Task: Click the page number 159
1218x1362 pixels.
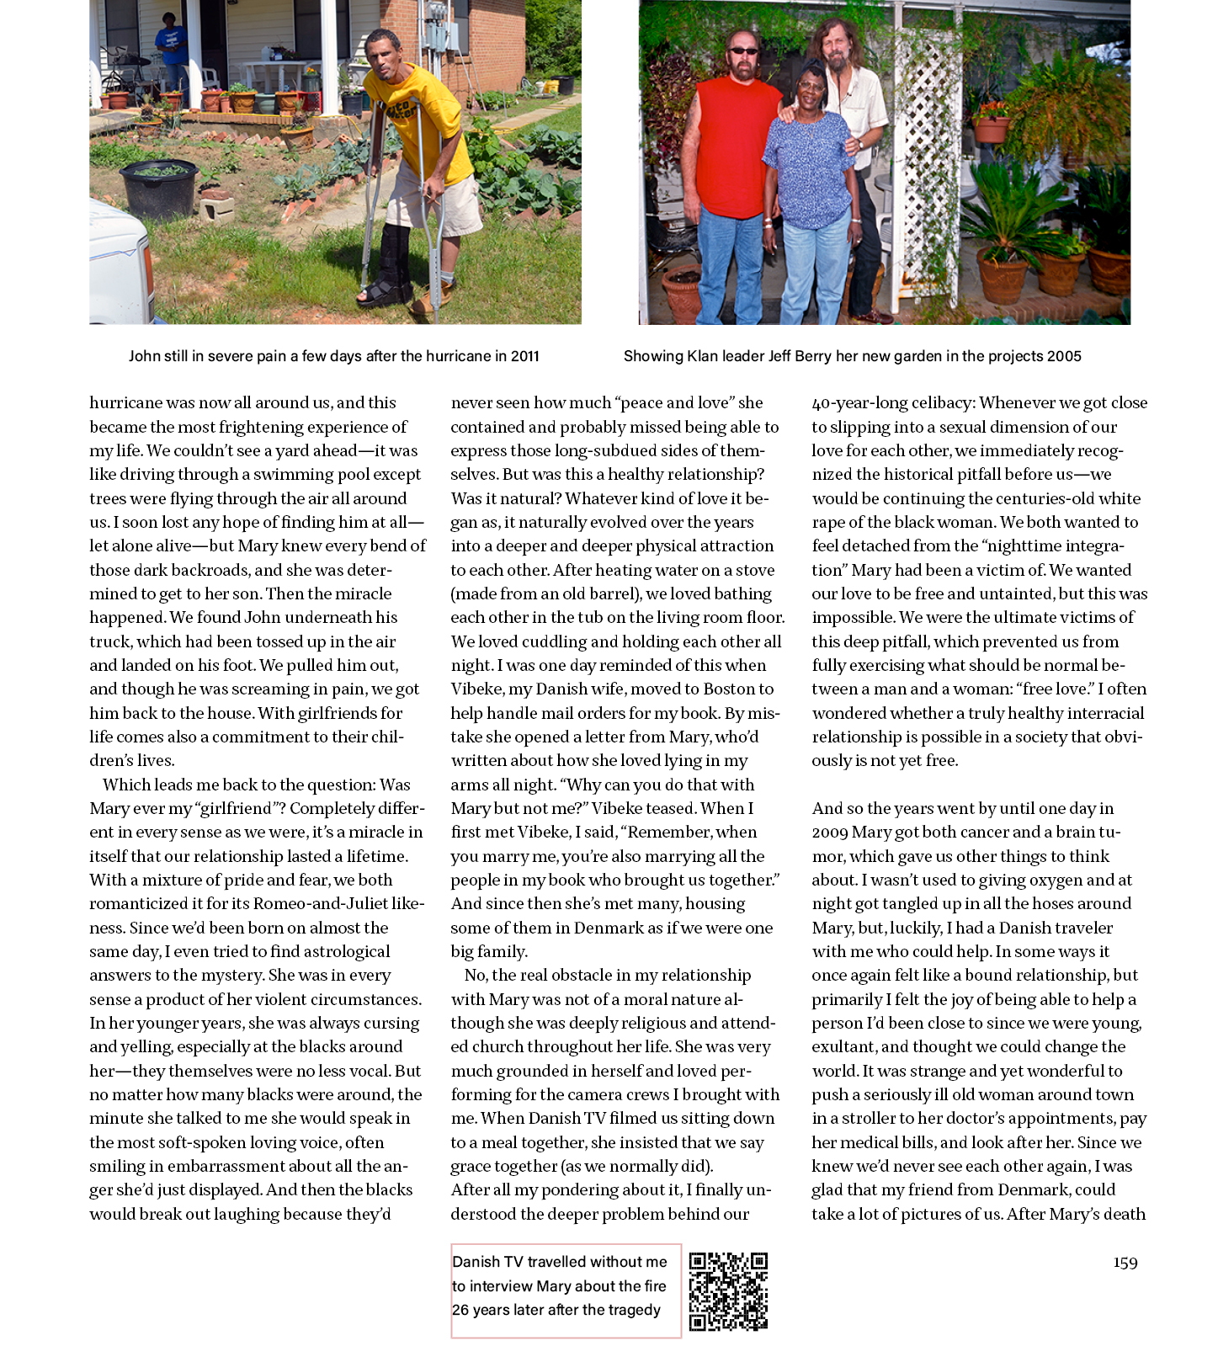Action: click(1125, 1263)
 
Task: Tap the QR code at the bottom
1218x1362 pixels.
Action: click(728, 1291)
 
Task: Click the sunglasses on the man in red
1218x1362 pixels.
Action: click(743, 51)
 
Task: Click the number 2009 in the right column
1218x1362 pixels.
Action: click(830, 833)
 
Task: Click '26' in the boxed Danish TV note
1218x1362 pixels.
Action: click(460, 1311)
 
